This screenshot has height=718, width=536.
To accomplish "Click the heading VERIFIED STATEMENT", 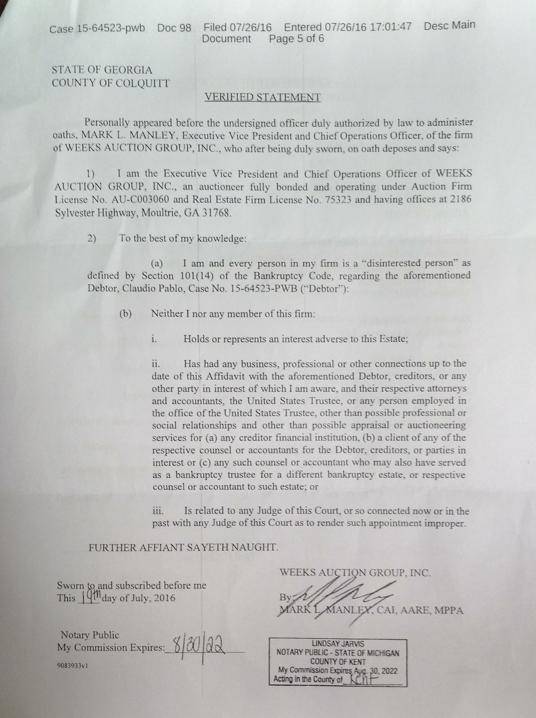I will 263,97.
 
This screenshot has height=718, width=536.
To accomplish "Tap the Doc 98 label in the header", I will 174,28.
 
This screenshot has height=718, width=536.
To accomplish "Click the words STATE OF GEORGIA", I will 102,70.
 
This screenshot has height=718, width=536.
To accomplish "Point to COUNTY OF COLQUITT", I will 111,83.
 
